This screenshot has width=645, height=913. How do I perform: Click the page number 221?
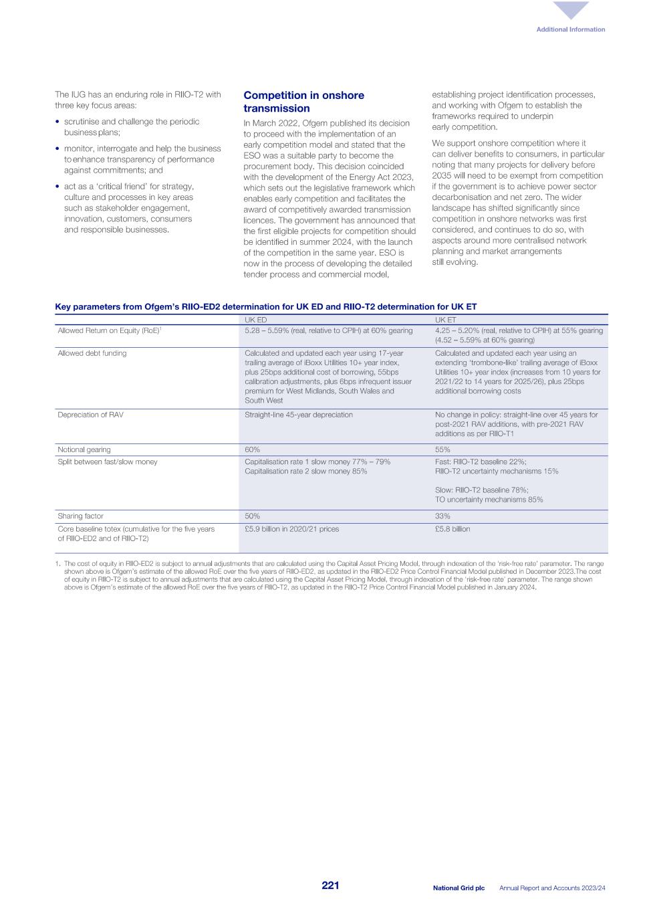tap(330, 886)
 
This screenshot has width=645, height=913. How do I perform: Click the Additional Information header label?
tap(570, 29)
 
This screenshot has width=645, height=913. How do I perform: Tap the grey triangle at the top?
tap(571, 10)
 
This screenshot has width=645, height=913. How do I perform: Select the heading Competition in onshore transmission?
tap(303, 102)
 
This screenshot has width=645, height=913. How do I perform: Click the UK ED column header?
tap(255, 320)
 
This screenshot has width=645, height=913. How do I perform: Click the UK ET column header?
tap(445, 320)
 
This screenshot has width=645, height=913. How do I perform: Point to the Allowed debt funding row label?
tap(92, 353)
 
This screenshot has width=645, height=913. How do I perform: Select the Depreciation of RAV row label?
tap(91, 415)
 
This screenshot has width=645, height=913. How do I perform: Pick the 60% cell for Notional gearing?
tap(252, 449)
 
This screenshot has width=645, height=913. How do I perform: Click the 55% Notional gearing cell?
tap(442, 449)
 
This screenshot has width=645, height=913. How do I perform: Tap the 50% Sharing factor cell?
tap(252, 516)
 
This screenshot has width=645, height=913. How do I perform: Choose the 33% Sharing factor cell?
tap(442, 516)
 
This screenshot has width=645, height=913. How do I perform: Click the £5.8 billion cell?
tap(453, 528)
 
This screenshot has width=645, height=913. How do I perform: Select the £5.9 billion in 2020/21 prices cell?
tap(291, 528)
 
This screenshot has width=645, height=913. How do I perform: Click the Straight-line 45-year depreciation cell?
tap(298, 415)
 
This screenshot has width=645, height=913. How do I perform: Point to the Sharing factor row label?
tap(80, 516)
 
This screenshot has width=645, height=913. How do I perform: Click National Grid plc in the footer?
tap(459, 888)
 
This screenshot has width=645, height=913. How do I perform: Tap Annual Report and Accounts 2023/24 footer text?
tap(552, 888)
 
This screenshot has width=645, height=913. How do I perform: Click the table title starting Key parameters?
tap(265, 307)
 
